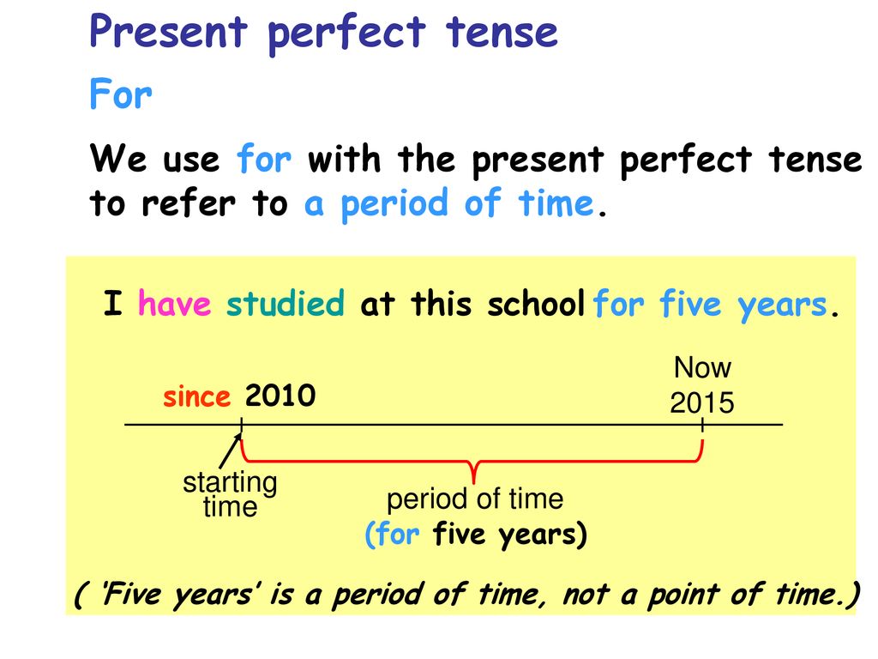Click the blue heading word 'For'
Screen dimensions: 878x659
[x=120, y=94]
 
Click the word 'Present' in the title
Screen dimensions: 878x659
[x=168, y=32]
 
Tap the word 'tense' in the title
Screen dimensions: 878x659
[x=502, y=32]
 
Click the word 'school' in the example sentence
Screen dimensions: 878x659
[x=536, y=304]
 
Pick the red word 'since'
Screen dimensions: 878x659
[x=196, y=396]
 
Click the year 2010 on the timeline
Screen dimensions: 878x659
[x=280, y=396]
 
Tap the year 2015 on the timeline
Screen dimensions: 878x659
[x=701, y=403]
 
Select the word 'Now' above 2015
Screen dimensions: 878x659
[x=702, y=367]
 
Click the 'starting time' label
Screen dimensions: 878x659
[x=230, y=494]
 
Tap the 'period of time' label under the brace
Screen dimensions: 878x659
[x=475, y=499]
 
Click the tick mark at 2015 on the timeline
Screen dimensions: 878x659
[x=702, y=425]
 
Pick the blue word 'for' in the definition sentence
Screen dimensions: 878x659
[x=264, y=159]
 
